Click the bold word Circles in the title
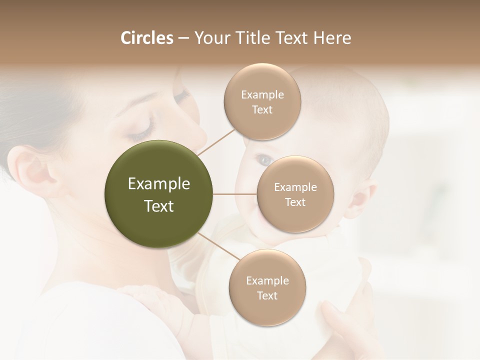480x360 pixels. click(x=146, y=38)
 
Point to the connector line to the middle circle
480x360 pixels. click(x=235, y=194)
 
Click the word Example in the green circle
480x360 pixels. click(x=159, y=184)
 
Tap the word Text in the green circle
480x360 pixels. click(x=159, y=206)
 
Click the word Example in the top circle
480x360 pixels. click(x=262, y=94)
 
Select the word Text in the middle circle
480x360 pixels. click(x=295, y=202)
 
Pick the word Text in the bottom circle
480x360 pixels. click(x=267, y=295)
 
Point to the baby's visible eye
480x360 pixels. click(x=263, y=160)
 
